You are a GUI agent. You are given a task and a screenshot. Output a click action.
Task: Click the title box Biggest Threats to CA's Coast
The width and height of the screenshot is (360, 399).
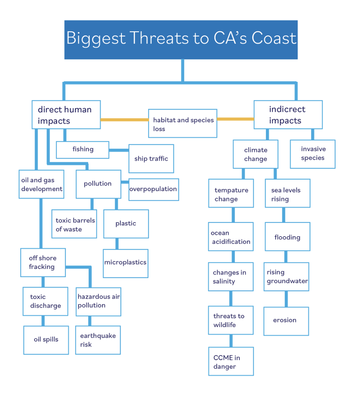click(x=181, y=40)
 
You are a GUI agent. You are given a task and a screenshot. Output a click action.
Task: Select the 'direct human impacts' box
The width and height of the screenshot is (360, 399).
click(x=66, y=115)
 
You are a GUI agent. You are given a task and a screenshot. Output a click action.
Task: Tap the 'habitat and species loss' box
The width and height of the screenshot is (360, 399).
click(x=182, y=124)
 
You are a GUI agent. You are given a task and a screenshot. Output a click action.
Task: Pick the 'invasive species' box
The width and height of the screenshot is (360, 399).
click(x=312, y=154)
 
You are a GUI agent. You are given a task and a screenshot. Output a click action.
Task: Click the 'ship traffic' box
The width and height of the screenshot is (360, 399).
click(x=151, y=158)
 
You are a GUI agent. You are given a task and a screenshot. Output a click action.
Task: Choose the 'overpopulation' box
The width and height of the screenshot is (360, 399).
click(x=153, y=189)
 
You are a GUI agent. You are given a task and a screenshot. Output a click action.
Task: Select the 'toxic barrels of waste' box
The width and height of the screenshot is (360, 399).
click(x=74, y=224)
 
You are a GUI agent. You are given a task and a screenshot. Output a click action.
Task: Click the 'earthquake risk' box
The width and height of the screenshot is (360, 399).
click(x=98, y=340)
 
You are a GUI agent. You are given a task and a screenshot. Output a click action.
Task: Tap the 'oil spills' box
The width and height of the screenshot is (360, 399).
click(x=46, y=340)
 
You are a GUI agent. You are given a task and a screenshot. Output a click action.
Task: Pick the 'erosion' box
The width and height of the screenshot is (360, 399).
click(x=286, y=321)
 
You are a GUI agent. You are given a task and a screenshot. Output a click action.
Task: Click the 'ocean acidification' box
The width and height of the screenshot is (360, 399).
click(x=230, y=237)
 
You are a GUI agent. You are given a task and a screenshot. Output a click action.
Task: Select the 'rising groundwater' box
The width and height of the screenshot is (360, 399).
click(x=286, y=277)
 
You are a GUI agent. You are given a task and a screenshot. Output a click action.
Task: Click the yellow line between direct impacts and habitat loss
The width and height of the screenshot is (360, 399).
click(x=124, y=119)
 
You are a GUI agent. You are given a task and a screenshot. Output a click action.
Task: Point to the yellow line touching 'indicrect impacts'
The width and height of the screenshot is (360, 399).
click(x=235, y=119)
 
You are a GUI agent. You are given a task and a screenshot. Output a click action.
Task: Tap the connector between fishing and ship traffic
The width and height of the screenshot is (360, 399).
click(x=119, y=150)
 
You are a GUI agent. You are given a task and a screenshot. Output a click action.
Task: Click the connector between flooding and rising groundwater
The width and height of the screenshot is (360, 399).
click(x=286, y=257)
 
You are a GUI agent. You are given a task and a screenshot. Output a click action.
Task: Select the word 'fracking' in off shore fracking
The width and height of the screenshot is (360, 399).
click(x=41, y=267)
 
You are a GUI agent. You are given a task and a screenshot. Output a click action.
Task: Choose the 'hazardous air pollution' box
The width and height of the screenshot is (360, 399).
click(x=98, y=301)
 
